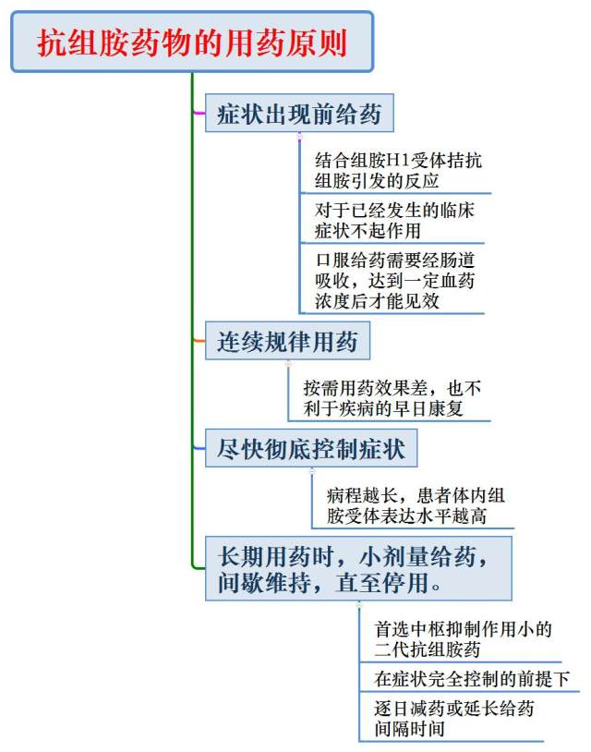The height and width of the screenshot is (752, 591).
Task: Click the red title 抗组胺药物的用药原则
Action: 192,42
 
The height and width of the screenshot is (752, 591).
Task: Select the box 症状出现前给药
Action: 299,114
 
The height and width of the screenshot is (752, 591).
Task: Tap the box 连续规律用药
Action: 287,341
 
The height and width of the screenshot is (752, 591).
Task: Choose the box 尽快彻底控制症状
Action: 311,448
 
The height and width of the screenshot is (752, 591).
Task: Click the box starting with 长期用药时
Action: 358,568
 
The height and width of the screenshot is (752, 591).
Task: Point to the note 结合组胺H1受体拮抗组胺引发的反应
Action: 398,170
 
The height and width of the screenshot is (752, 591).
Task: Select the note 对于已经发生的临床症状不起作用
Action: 394,220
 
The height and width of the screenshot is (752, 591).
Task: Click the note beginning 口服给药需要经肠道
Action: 394,280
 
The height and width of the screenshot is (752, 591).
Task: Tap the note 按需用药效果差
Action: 392,398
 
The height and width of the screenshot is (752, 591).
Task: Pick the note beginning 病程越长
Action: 416,505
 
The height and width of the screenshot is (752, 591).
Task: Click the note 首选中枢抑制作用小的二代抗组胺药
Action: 463,638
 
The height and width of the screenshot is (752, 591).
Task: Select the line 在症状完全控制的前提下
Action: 472,679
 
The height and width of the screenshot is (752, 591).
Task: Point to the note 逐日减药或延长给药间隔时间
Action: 454,719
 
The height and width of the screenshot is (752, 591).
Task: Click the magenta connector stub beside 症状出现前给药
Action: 199,114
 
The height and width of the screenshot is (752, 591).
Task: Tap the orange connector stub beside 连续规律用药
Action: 199,341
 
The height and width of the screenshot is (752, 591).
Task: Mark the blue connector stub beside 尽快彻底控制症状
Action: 199,448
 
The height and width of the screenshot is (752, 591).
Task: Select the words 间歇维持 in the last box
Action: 265,583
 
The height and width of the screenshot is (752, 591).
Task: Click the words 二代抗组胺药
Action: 427,649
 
